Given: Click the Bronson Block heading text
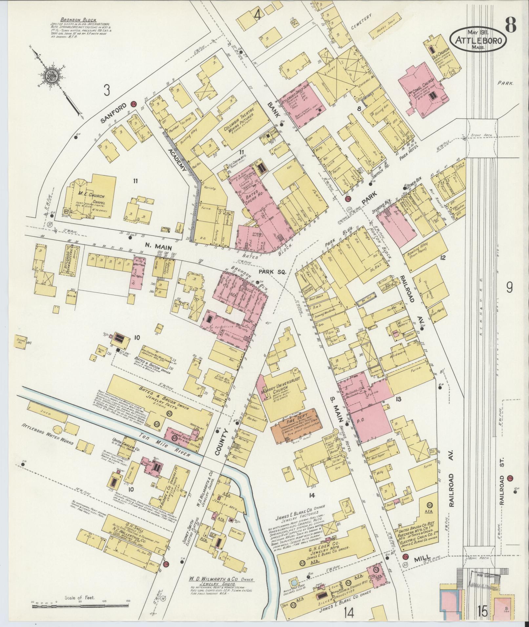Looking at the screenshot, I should click(78, 20).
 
